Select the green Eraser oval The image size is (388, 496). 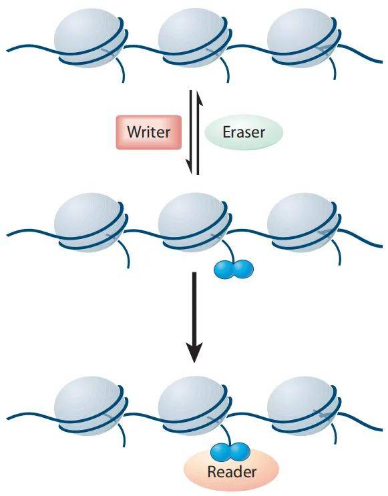tap(244, 132)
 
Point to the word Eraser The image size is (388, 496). tap(244, 132)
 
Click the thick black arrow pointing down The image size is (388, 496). tap(194, 314)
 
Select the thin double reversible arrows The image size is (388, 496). tap(194, 132)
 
